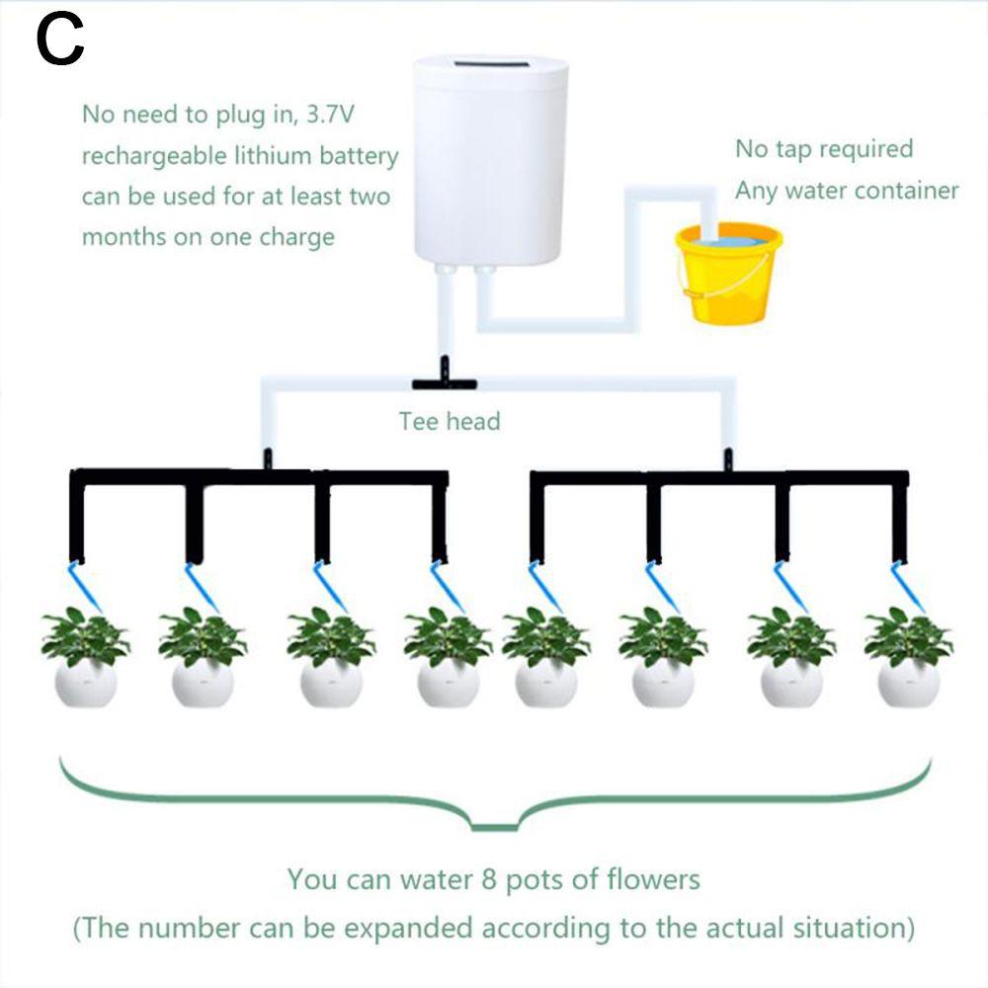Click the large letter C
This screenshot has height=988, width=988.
(60, 42)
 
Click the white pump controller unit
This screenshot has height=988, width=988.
(491, 163)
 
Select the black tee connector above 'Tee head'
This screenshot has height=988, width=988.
(444, 381)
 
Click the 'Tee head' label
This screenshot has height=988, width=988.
(450, 422)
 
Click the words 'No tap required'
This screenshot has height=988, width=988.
(824, 149)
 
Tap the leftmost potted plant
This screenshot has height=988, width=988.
(85, 657)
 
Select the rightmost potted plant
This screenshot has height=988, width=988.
(908, 657)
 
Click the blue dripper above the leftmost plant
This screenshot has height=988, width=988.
(79, 583)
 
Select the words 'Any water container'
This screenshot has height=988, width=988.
(847, 190)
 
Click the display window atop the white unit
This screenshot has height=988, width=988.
(491, 66)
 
